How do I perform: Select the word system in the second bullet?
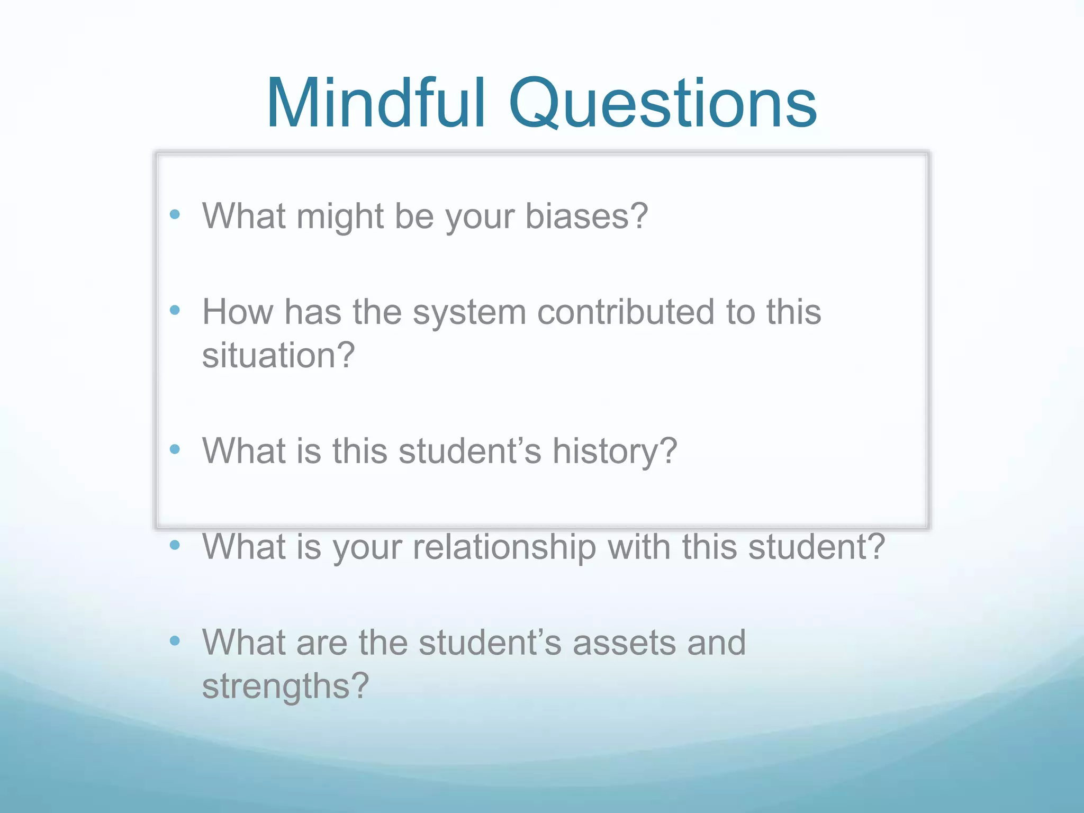(469, 312)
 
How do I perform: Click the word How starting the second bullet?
(238, 312)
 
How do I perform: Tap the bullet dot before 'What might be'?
(175, 214)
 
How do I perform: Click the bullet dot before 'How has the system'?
(175, 310)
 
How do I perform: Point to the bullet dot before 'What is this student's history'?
(175, 449)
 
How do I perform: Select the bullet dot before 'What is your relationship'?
(175, 545)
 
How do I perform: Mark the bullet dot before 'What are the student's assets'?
(175, 641)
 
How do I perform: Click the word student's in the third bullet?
(470, 451)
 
